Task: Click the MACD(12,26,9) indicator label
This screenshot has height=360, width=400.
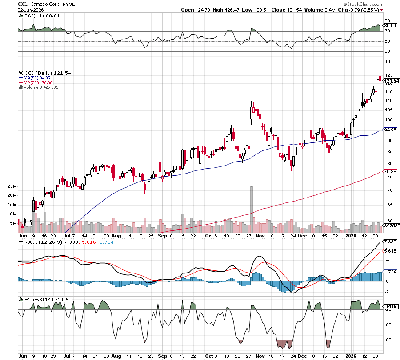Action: point(40,242)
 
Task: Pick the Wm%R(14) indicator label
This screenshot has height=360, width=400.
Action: point(35,299)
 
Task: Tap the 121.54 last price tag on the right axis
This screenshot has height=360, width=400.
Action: point(391,81)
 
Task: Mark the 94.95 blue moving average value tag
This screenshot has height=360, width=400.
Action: point(390,130)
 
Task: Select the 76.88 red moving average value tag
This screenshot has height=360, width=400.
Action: point(390,172)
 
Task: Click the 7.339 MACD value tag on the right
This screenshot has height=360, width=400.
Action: point(390,241)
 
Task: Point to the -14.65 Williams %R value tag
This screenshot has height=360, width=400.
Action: point(390,306)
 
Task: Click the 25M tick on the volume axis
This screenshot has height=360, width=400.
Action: point(12,186)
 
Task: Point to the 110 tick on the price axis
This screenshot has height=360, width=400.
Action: point(388,100)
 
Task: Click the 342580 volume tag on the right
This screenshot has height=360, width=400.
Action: point(391,226)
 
